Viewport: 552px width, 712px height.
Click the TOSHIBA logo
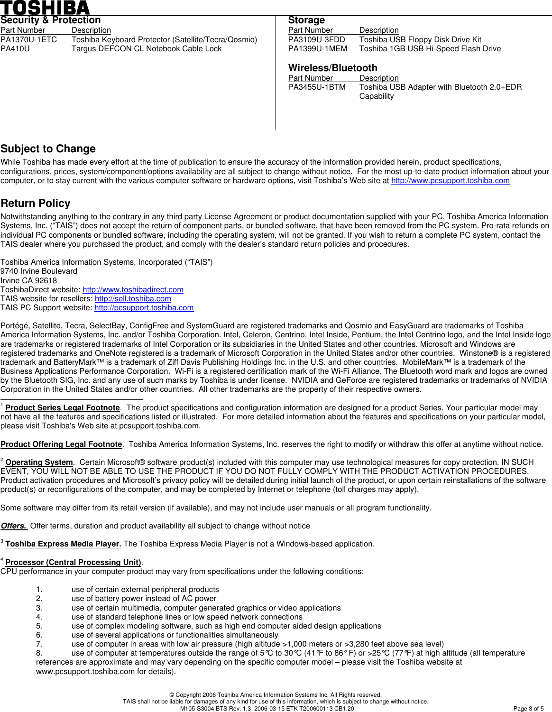pos(45,8)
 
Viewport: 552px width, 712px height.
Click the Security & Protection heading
pos(50,20)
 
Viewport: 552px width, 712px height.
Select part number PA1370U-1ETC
pos(28,40)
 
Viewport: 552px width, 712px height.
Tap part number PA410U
pos(15,49)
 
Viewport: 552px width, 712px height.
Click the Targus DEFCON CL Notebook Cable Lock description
pos(147,49)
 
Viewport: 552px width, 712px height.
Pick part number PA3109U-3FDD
pos(316,40)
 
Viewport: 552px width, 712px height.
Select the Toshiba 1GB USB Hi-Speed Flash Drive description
pos(430,49)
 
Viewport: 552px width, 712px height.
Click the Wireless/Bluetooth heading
pos(332,68)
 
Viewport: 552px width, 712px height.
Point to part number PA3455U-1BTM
pos(316,87)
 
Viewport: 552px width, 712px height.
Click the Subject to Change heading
pos(48,149)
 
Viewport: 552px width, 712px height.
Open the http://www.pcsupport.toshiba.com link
pos(450,181)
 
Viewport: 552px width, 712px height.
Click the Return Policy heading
pos(36,203)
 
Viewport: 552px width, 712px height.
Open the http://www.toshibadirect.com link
pos(133,290)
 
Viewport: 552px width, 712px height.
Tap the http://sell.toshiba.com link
pos(133,299)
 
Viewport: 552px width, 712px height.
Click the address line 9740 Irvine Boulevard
pos(39,271)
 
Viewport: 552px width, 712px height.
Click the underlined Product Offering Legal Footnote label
pos(61,444)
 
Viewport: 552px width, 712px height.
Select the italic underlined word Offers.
pos(14,526)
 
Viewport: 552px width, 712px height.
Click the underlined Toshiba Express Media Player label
pos(63,544)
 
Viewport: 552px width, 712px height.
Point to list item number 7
pos(39,644)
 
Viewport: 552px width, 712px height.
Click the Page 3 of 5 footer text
pos(528,709)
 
